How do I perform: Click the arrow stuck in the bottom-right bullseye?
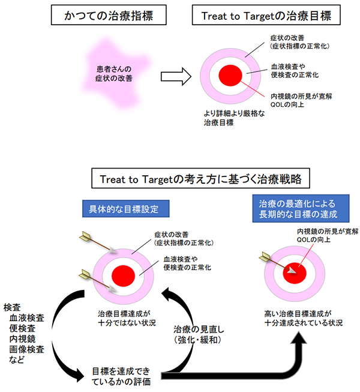(276, 263)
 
